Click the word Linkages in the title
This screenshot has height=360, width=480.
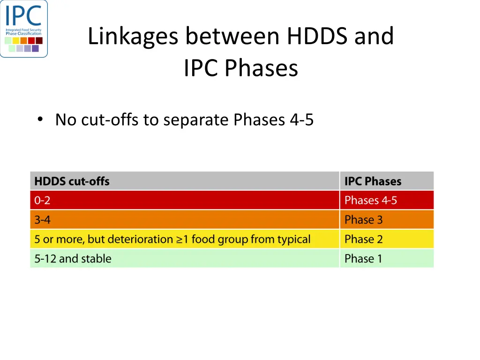coord(133,36)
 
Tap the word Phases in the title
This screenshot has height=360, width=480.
coord(261,68)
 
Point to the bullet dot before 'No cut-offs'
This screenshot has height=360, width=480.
coord(40,120)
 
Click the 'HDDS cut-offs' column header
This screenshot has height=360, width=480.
coord(72,181)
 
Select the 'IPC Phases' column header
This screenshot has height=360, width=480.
coord(373,181)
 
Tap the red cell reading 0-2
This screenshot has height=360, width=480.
coord(42,201)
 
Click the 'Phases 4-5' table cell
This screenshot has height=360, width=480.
coord(370,201)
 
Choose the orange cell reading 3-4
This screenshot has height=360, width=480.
coord(42,220)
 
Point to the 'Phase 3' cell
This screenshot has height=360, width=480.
coord(363,220)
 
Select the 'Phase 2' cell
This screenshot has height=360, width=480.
coord(363,240)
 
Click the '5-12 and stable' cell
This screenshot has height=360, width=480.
coord(73,259)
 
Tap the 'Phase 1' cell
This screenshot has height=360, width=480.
coord(363,259)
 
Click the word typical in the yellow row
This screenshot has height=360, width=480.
coord(293,240)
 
